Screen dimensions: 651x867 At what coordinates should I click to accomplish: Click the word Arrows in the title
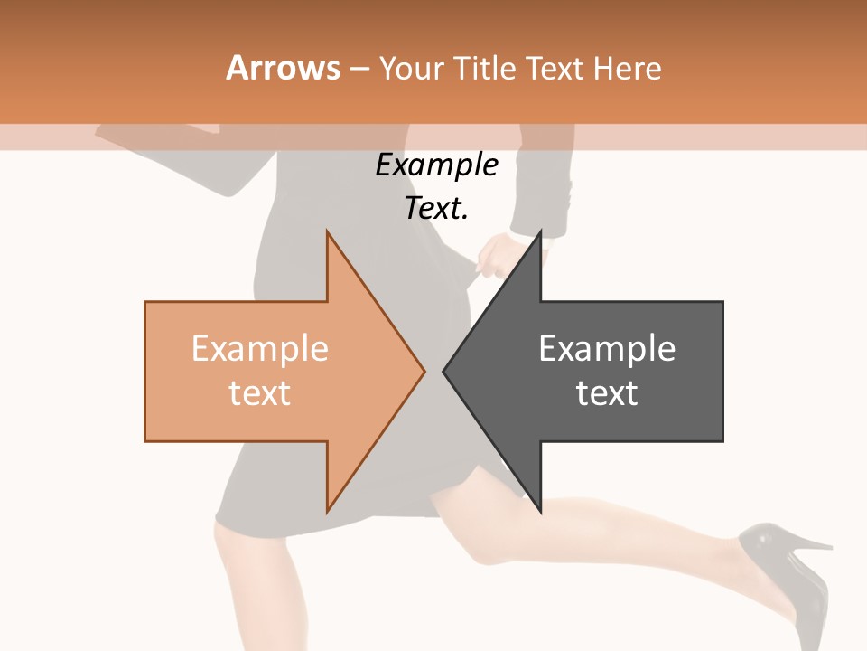[x=283, y=68]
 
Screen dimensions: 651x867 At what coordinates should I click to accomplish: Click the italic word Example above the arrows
[x=436, y=165]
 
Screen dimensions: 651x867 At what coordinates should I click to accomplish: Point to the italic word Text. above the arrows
[x=436, y=208]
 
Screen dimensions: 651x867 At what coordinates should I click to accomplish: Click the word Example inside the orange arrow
[x=260, y=348]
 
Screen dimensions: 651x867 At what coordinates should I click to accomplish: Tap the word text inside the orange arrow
[x=260, y=392]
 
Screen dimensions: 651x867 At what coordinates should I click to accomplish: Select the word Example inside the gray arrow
[x=607, y=348]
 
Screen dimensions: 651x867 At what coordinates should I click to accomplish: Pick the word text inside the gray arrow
[x=607, y=392]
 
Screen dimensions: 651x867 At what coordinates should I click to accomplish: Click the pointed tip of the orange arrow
[x=424, y=371]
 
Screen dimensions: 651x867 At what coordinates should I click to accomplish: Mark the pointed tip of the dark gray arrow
[x=444, y=371]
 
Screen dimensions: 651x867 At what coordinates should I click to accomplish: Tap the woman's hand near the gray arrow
[x=496, y=253]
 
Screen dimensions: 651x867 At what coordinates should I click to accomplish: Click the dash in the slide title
[x=359, y=69]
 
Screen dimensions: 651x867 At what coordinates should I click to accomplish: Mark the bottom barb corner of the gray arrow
[x=540, y=511]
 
